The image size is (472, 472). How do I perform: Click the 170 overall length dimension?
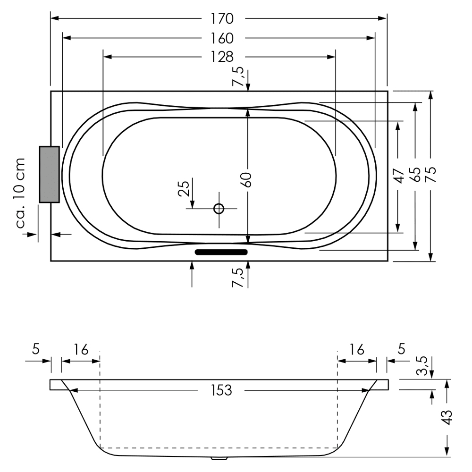coord(222,19)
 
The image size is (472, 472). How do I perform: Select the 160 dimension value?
coord(222,38)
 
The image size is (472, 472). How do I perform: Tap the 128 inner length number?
coord(222,57)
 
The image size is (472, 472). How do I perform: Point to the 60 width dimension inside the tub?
coord(247,180)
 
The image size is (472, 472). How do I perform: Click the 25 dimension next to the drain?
coord(185,188)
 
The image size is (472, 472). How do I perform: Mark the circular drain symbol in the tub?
coord(219,208)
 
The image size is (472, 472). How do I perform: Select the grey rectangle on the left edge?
coord(50,174)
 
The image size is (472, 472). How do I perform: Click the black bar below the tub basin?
coord(221,252)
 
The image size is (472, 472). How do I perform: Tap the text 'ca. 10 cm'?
coord(20,193)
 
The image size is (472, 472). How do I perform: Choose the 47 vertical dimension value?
coord(399,176)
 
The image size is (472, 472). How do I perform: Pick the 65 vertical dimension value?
coord(415,175)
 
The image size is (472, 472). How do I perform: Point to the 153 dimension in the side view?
coord(221,390)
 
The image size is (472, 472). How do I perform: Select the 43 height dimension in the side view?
coord(447,417)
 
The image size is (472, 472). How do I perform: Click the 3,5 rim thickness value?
coord(422,366)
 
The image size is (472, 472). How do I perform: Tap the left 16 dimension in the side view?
coord(81,349)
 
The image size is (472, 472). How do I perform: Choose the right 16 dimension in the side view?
coord(357,349)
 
